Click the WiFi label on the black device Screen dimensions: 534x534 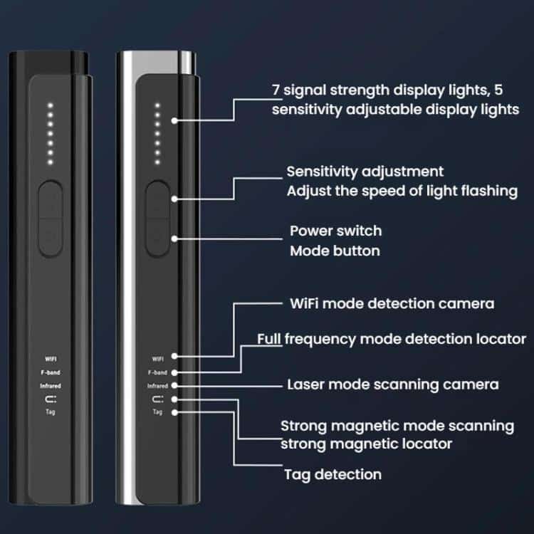[x=51, y=359]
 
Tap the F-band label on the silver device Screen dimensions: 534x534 [x=157, y=372]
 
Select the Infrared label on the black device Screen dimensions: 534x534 [x=51, y=386]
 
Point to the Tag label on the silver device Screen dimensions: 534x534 [x=157, y=412]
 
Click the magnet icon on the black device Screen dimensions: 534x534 [x=51, y=399]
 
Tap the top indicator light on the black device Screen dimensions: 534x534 [x=50, y=105]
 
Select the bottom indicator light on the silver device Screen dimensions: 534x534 [x=157, y=162]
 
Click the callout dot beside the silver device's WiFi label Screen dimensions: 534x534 [x=174, y=356]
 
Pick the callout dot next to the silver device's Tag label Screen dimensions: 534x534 [x=174, y=412]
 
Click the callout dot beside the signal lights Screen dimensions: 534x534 [x=174, y=120]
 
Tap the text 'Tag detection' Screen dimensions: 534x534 [x=333, y=474]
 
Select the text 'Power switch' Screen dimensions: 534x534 [x=336, y=231]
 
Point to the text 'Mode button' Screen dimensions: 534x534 [x=335, y=251]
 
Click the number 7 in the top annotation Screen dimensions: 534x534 [x=276, y=90]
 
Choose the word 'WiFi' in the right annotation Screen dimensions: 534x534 [x=304, y=303]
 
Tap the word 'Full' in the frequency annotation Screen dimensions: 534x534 [x=269, y=339]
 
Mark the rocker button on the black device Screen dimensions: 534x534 [x=51, y=219]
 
